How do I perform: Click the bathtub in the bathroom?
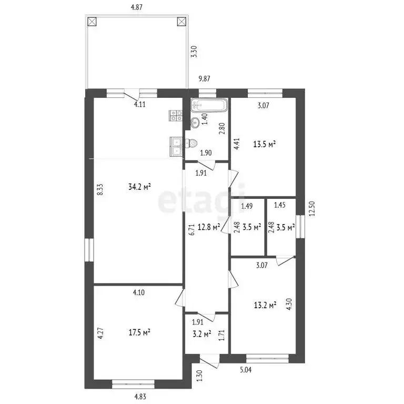[209, 105]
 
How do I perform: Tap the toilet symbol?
[191, 143]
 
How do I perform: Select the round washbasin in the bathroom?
[195, 123]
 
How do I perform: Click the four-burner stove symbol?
[176, 115]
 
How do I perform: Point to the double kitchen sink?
[176, 146]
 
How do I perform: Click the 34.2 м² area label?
[139, 187]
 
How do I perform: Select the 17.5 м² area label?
[139, 332]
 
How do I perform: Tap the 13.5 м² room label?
[265, 144]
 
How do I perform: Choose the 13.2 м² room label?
[265, 306]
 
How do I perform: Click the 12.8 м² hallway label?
[209, 227]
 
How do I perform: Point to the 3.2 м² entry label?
[202, 334]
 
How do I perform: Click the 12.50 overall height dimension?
[312, 208]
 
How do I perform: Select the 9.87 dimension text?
[204, 78]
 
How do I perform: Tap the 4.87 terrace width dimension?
[137, 7]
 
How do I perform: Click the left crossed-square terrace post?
[92, 22]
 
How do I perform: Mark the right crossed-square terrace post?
[181, 22]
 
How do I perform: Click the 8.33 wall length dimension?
[101, 189]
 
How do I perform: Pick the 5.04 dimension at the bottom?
[246, 370]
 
